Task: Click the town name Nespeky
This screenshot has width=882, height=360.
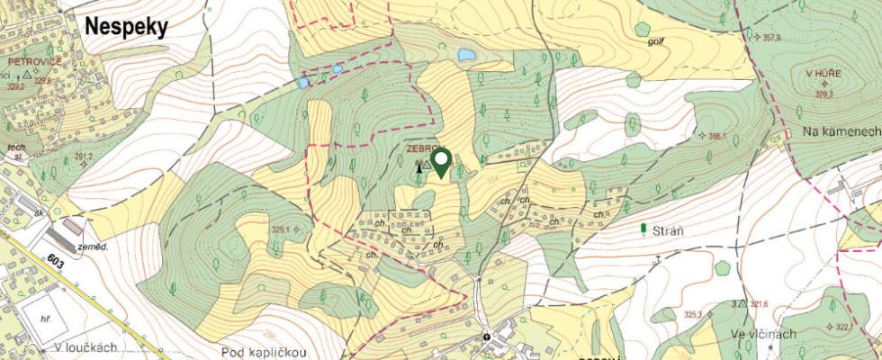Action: point(127,28)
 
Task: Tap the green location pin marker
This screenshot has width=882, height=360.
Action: point(441,163)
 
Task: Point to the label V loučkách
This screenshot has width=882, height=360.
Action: point(85,347)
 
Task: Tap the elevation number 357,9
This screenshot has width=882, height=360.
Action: point(772,38)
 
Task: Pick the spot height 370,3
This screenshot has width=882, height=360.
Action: point(823,94)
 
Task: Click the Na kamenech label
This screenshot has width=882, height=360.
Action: point(841,131)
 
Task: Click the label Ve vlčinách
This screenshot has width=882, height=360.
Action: point(763,334)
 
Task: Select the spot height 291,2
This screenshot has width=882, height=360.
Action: point(84,157)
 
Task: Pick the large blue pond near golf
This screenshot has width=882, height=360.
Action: point(466,55)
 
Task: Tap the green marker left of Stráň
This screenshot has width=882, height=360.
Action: point(643,229)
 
